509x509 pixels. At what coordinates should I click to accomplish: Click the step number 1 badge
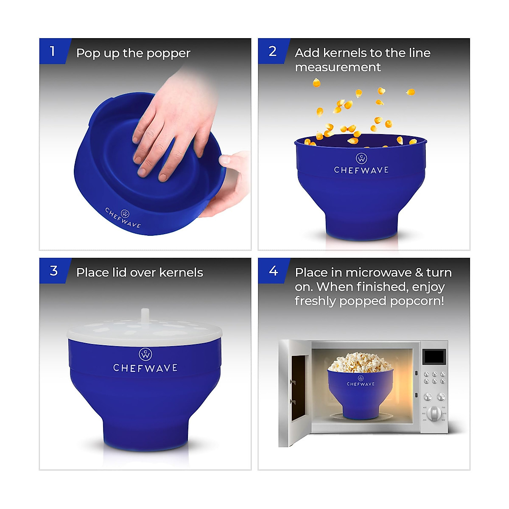pos(52,51)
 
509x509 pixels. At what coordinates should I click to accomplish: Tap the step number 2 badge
pos(272,51)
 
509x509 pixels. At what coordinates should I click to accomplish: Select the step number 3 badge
pos(53,271)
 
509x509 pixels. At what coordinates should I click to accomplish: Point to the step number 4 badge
pos(273,271)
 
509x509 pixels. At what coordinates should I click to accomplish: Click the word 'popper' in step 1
pos(168,54)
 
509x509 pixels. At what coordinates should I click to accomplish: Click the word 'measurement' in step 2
pos(338,67)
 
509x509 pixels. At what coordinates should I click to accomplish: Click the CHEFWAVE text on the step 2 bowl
pos(361,170)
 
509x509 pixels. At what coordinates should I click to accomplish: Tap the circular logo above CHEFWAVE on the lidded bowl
pos(145,354)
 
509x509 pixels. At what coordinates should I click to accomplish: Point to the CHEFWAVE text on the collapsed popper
pos(123,218)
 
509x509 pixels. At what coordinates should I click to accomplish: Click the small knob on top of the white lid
pos(145,315)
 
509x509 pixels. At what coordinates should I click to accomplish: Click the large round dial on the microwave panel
pos(434,413)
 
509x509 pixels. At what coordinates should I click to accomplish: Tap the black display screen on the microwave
pos(435,357)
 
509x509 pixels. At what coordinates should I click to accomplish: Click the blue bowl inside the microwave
pos(360,392)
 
